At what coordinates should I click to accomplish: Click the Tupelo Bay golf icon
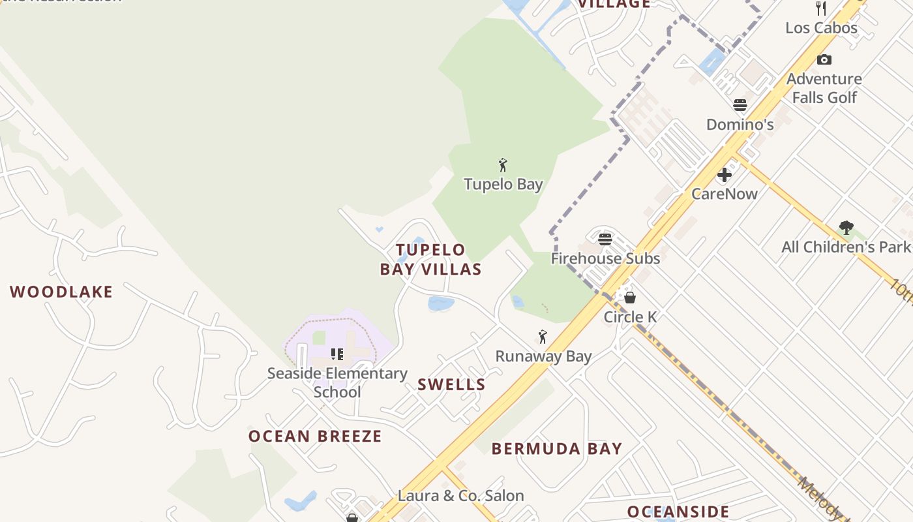click(x=503, y=165)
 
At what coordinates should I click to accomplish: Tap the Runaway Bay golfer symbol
click(x=543, y=337)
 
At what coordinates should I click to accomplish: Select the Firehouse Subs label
click(x=605, y=258)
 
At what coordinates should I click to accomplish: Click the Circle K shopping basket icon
click(x=630, y=298)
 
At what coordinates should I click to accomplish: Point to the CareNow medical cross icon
click(x=725, y=175)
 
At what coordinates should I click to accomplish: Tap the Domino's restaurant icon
click(x=740, y=105)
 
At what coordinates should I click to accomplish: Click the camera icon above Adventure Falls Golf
click(x=824, y=60)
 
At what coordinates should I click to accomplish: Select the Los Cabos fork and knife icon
click(x=821, y=8)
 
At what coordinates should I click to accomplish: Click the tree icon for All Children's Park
click(x=846, y=228)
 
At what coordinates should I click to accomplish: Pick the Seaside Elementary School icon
click(x=337, y=354)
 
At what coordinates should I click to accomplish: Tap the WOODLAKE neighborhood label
click(x=61, y=292)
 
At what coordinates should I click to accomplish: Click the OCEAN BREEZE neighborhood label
click(x=315, y=436)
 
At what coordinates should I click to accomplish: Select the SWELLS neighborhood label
click(x=451, y=384)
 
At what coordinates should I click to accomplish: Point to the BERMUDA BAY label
click(x=557, y=448)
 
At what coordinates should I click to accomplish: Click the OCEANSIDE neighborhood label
click(x=678, y=511)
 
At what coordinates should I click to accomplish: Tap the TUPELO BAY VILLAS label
click(x=431, y=259)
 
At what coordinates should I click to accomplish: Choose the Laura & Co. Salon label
click(x=460, y=495)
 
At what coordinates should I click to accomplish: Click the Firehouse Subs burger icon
click(x=605, y=239)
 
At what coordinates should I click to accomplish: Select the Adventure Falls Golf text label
click(x=824, y=88)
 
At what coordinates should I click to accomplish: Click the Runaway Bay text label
click(x=543, y=356)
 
